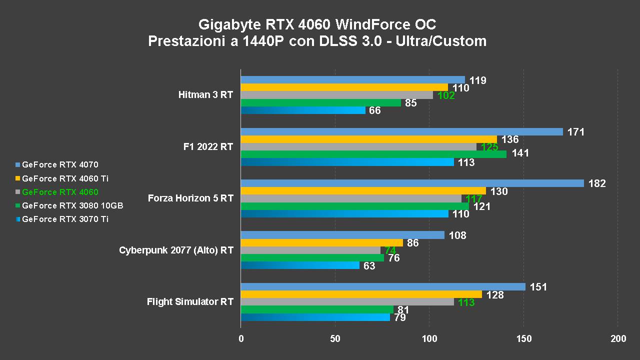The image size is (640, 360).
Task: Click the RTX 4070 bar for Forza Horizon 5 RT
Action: tap(412, 183)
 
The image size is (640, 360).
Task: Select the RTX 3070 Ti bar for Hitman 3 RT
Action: tap(303, 110)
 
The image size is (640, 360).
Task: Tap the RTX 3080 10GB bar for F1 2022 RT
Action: tap(373, 154)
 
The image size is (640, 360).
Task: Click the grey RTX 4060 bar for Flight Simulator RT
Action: tap(347, 301)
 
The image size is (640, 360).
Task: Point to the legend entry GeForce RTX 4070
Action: tap(60, 164)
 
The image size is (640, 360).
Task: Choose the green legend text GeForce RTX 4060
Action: tap(60, 192)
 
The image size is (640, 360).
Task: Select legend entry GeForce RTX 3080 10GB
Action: tap(72, 205)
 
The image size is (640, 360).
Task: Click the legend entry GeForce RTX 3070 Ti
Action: tap(65, 219)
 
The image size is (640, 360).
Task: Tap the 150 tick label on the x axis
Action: tap(524, 339)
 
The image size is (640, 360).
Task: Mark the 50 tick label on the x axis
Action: tap(335, 339)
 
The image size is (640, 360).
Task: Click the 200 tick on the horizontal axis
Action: tap(618, 339)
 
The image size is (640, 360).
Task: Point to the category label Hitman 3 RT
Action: tap(205, 94)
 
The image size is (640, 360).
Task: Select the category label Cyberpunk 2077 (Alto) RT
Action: tap(176, 250)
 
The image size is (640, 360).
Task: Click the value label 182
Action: tap(597, 183)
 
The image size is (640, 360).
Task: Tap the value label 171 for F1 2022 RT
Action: tap(576, 132)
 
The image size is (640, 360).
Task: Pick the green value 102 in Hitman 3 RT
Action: tap(446, 95)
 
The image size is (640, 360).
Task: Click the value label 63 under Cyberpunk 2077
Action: tap(369, 266)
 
